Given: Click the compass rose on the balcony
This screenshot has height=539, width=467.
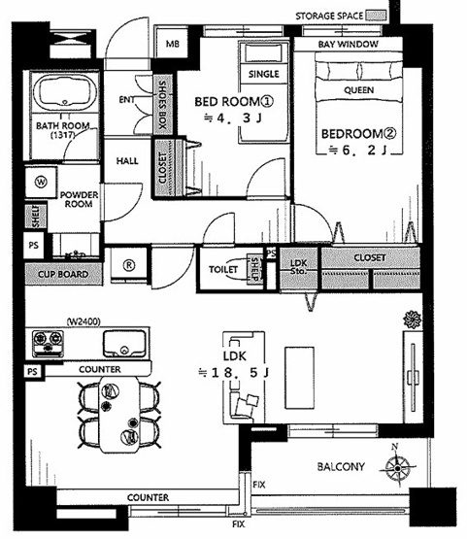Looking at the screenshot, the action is [398, 467].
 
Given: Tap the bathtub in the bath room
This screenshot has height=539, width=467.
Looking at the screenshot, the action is [65, 92].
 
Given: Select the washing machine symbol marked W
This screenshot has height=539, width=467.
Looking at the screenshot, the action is [41, 182].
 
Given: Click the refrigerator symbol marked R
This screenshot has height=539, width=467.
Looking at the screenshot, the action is [129, 265].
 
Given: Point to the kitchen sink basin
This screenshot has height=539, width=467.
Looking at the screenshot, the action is [124, 344].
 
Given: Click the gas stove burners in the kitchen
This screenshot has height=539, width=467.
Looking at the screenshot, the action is [48, 344].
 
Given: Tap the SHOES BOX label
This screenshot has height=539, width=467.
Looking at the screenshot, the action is [162, 105].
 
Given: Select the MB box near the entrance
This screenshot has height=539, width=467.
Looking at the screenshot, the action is [172, 44].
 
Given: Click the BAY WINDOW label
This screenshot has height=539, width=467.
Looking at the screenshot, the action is [349, 45].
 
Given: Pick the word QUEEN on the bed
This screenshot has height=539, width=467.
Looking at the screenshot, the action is [359, 90].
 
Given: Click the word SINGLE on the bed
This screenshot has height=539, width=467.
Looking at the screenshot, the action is [263, 74].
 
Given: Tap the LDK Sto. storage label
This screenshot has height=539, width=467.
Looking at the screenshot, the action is [298, 267].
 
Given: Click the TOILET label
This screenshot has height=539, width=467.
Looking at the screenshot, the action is [223, 269].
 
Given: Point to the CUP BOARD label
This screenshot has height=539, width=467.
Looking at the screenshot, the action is [63, 274].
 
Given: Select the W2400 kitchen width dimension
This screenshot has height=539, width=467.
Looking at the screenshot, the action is [83, 321].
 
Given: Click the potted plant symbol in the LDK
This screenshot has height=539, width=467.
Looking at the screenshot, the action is [412, 320].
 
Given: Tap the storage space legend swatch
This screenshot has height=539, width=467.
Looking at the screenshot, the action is [376, 16].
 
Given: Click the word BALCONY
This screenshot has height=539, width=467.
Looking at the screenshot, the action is [341, 466].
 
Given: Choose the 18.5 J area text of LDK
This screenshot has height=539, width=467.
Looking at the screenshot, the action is [234, 373].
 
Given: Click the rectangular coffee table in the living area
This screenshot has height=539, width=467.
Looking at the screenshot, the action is [299, 378].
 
